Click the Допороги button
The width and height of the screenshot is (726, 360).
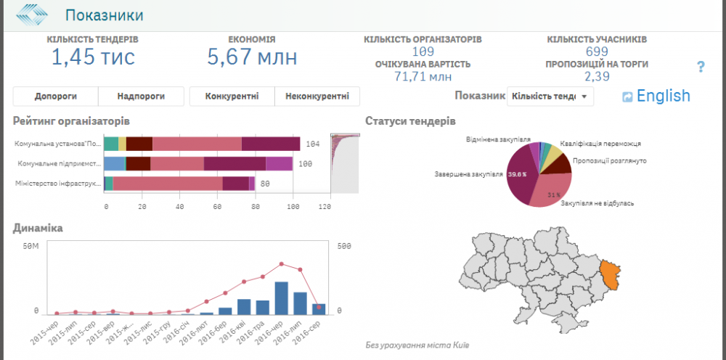[x=55, y=96]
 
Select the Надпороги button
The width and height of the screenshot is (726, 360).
[x=140, y=96]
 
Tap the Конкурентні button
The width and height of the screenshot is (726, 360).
[x=232, y=96]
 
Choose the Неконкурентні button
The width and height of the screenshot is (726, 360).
[x=317, y=96]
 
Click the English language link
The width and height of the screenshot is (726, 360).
[x=663, y=96]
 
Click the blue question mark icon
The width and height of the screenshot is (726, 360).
[x=701, y=67]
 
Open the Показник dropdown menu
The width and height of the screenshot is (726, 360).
[x=550, y=96]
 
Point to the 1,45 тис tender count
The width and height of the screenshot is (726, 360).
[x=93, y=57]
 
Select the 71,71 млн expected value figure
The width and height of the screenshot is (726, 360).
[x=423, y=75]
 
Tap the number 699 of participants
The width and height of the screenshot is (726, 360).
[x=597, y=51]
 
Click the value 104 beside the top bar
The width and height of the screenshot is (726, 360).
[x=313, y=144]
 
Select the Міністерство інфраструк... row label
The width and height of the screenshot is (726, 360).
[x=57, y=184]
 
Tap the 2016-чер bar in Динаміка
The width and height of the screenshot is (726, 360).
[x=282, y=298]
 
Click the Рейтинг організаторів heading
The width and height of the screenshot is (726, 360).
[x=71, y=120]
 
